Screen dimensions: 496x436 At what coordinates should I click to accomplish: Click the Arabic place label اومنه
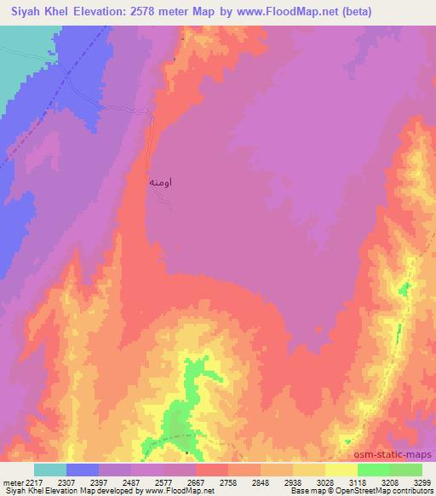(x=163, y=182)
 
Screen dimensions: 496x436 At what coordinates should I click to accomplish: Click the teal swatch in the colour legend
(x=50, y=469)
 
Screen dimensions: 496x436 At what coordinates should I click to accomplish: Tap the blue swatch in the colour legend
(x=83, y=469)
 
